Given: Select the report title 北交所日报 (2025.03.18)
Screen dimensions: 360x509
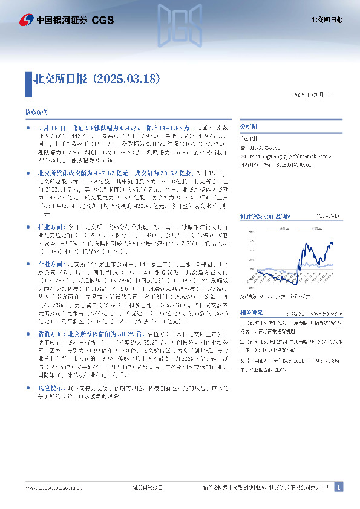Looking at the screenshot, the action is click(x=96, y=79).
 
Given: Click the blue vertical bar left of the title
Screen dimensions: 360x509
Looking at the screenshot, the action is click(x=28, y=79).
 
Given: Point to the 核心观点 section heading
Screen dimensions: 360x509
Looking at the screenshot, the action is click(x=36, y=113).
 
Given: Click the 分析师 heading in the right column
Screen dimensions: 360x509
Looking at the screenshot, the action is click(x=249, y=128).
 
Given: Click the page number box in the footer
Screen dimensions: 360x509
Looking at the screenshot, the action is click(x=338, y=487).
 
